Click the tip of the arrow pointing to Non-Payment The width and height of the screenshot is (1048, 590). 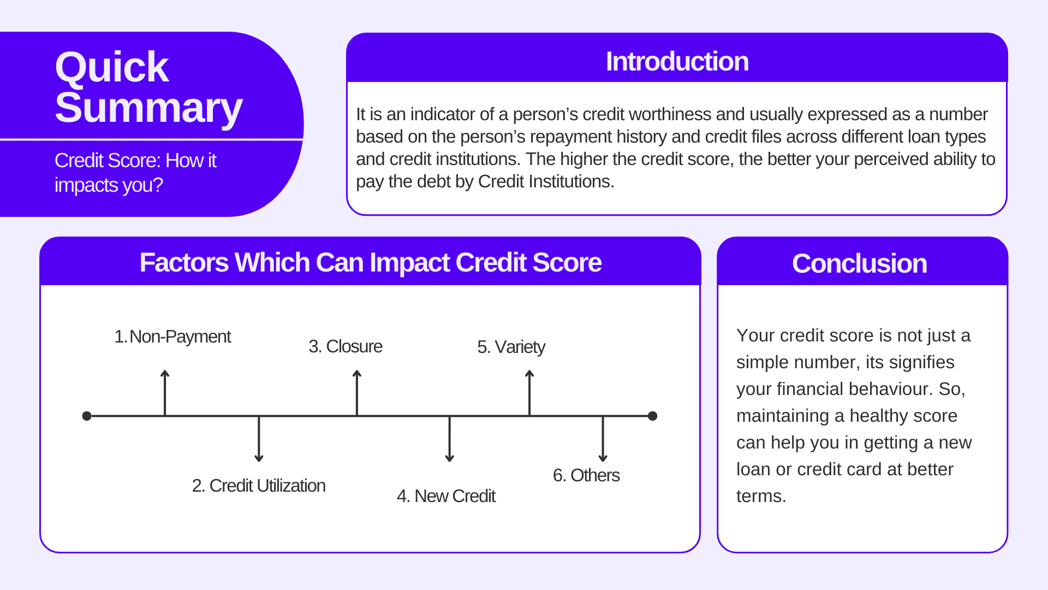pos(165,370)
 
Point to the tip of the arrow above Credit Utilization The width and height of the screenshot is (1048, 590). pos(259,462)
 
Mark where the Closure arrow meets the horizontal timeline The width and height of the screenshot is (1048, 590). pos(357,416)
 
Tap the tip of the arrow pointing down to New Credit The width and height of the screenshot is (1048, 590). pos(450,462)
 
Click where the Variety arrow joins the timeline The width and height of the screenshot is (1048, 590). pos(529,416)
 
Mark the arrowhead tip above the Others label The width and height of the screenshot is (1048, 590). pos(603,462)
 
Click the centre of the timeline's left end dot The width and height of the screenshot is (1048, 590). pos(87,416)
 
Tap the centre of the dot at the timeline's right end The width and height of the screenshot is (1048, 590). pos(652,416)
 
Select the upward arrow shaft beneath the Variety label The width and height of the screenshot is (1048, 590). pos(529,393)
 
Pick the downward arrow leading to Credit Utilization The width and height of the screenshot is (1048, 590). pos(259,439)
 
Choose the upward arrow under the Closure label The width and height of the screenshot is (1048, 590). pos(357,393)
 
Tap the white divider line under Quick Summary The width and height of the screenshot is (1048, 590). pos(152,140)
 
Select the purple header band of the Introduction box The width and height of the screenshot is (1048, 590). pos(677,58)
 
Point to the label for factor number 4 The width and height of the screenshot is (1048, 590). pos(446,496)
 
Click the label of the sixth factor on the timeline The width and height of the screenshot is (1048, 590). pos(586,475)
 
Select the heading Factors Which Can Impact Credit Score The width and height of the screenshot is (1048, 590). pos(371,263)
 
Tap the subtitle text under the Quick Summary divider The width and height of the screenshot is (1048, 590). pos(135,173)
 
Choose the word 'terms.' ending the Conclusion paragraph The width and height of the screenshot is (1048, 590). pos(761,496)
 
